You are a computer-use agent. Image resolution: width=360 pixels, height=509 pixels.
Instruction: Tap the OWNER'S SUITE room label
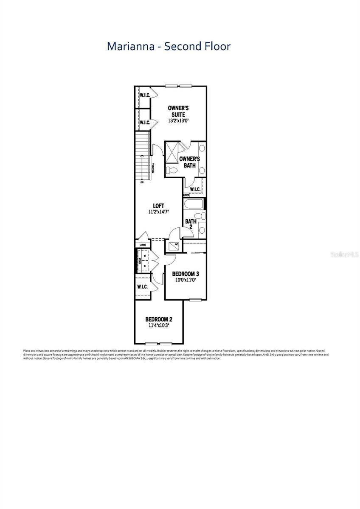point(178,111)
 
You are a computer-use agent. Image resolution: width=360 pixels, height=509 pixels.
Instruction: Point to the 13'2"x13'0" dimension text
point(178,121)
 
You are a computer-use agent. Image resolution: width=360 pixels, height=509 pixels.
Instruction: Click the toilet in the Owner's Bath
point(172,170)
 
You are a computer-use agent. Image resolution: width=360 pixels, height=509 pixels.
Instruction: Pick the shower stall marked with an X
point(172,153)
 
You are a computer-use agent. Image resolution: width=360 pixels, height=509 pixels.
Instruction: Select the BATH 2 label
point(191,224)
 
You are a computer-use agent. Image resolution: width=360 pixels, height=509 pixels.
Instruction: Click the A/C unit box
point(174,245)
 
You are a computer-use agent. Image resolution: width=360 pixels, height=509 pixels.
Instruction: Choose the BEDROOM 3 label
point(186,274)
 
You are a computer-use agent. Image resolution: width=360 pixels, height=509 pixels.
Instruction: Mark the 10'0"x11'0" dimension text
point(186,280)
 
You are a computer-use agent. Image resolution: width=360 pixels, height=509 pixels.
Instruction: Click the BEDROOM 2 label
point(158,319)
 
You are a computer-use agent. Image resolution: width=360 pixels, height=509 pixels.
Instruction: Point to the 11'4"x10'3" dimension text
point(158,326)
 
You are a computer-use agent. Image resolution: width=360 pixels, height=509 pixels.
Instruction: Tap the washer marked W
point(145,257)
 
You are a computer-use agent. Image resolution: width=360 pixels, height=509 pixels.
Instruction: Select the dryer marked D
point(145,266)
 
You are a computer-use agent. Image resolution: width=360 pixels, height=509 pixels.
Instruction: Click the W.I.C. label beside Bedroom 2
point(142,287)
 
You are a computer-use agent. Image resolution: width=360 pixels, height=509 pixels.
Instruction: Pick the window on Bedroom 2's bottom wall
point(159,343)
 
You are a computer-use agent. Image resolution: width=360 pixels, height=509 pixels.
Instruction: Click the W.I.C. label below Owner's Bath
point(195,189)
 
